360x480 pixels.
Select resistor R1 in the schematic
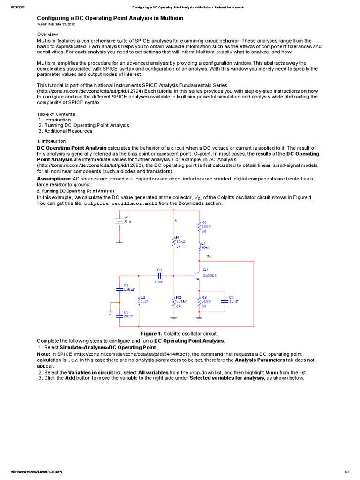tap(174, 241)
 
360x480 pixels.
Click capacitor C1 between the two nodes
tap(159, 276)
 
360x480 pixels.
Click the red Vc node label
tap(209, 257)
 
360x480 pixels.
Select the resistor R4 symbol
tap(199, 226)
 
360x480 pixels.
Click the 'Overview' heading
tap(47, 34)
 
